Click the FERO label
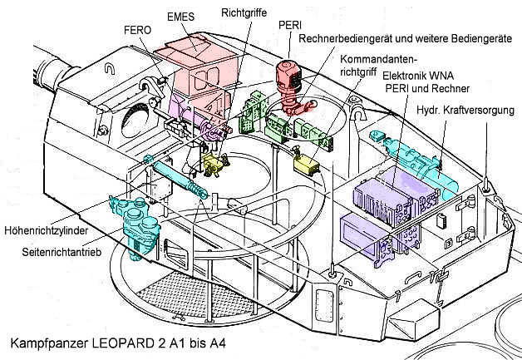coord(137,30)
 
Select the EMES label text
coord(181,16)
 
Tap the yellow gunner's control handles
coord(215,162)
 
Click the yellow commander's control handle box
coord(308,164)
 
